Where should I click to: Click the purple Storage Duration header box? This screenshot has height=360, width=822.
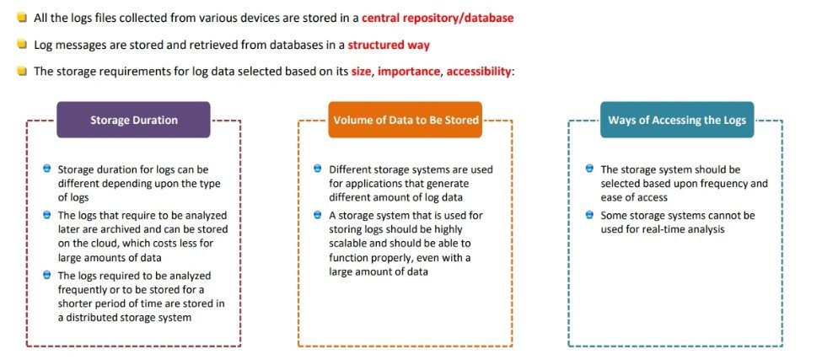click(133, 120)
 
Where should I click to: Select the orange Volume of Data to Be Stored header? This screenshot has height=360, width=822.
click(406, 120)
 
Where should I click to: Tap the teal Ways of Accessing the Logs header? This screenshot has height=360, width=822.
click(677, 120)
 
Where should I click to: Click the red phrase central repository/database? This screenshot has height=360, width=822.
click(438, 18)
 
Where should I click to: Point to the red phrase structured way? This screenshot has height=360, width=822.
click(389, 45)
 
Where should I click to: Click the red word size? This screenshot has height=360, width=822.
click(361, 72)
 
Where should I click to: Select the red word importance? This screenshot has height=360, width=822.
click(408, 72)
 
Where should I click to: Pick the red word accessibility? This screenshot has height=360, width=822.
click(478, 72)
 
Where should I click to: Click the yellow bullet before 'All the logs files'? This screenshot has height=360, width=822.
click(21, 18)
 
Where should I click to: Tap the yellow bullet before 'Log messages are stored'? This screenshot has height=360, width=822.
click(21, 45)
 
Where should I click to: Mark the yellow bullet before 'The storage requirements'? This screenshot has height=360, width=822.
click(21, 72)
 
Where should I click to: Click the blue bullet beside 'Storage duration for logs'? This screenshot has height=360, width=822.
click(46, 169)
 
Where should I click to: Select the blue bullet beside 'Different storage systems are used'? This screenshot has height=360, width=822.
click(317, 169)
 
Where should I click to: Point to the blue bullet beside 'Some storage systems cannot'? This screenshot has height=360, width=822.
click(589, 215)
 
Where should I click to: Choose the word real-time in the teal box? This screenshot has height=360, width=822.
click(663, 229)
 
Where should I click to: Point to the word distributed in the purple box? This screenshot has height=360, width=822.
click(98, 318)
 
